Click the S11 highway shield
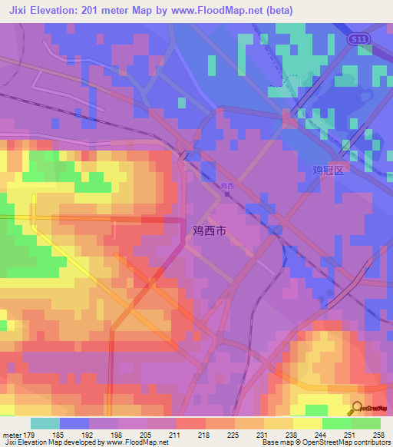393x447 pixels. click(355, 38)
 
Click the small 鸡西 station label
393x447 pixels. click(227, 186)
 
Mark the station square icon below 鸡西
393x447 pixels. click(226, 194)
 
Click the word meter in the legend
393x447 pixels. click(13, 435)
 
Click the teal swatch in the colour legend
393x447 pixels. click(45, 423)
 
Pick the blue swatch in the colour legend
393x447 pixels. click(74, 423)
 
